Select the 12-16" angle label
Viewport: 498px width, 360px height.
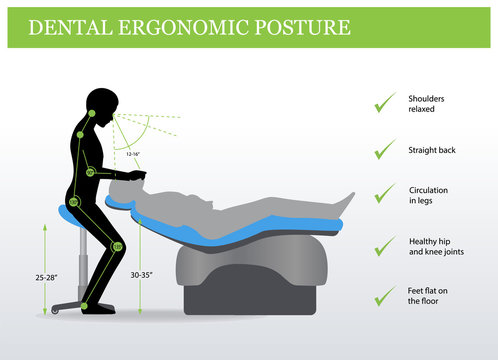[x=133, y=153]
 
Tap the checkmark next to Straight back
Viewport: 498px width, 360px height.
[x=384, y=149]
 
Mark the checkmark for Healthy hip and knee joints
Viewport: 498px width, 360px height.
[x=384, y=246]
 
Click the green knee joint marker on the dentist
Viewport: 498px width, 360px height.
[x=117, y=246]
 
